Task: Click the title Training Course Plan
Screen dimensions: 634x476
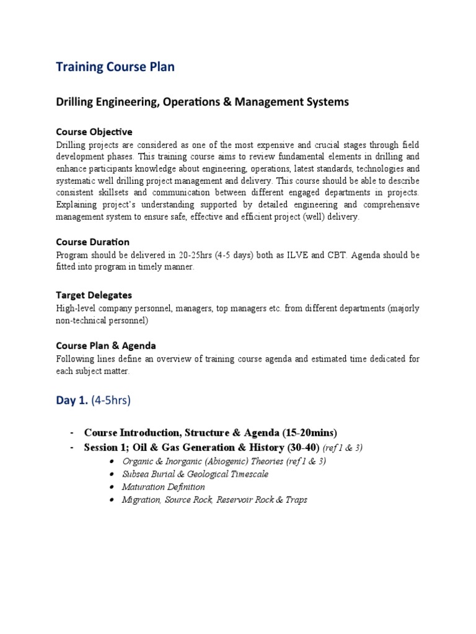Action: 115,67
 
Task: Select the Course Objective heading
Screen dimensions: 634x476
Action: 94,132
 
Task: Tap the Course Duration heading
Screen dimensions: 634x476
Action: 92,241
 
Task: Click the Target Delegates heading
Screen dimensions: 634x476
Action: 94,295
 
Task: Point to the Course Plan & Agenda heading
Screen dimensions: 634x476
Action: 105,345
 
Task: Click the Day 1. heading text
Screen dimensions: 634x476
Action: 72,401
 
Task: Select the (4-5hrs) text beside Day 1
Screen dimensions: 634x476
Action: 111,401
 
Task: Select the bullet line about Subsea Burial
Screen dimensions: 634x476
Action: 195,474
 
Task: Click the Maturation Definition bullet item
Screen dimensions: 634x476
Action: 164,487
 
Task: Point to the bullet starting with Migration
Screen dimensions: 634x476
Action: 214,500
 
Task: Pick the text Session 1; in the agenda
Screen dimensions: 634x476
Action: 107,447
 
